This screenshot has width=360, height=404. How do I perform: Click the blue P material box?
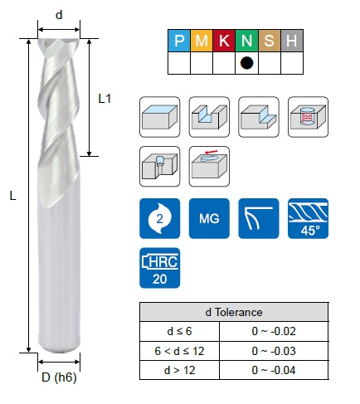179,41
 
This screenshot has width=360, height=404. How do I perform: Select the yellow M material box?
202,41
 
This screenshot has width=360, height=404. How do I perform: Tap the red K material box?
224,41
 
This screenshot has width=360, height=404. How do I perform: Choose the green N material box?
247,41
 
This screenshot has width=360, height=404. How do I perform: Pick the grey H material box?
292,41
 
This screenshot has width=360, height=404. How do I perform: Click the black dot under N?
246,63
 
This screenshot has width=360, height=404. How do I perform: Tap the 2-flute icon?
160,218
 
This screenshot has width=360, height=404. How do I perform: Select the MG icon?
209,218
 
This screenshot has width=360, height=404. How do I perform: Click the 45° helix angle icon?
308,218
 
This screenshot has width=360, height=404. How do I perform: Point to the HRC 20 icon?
160,268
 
